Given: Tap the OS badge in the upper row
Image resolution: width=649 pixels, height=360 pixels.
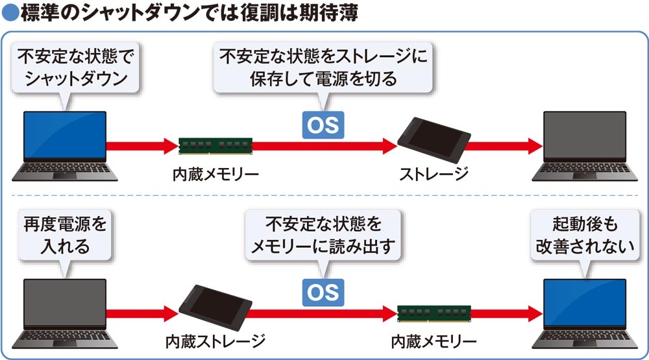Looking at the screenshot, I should click(323, 125).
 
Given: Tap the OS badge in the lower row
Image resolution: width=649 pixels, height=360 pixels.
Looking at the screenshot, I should click(323, 293).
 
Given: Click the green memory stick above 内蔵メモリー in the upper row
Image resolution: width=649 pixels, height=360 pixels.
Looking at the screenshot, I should click(215, 146).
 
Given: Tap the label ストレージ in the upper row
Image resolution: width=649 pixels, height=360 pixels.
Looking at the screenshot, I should click(433, 173).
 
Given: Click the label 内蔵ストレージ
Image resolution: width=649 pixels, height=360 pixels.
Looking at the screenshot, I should click(215, 341).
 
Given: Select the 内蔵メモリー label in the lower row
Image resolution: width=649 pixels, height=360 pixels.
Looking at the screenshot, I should click(434, 341).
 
